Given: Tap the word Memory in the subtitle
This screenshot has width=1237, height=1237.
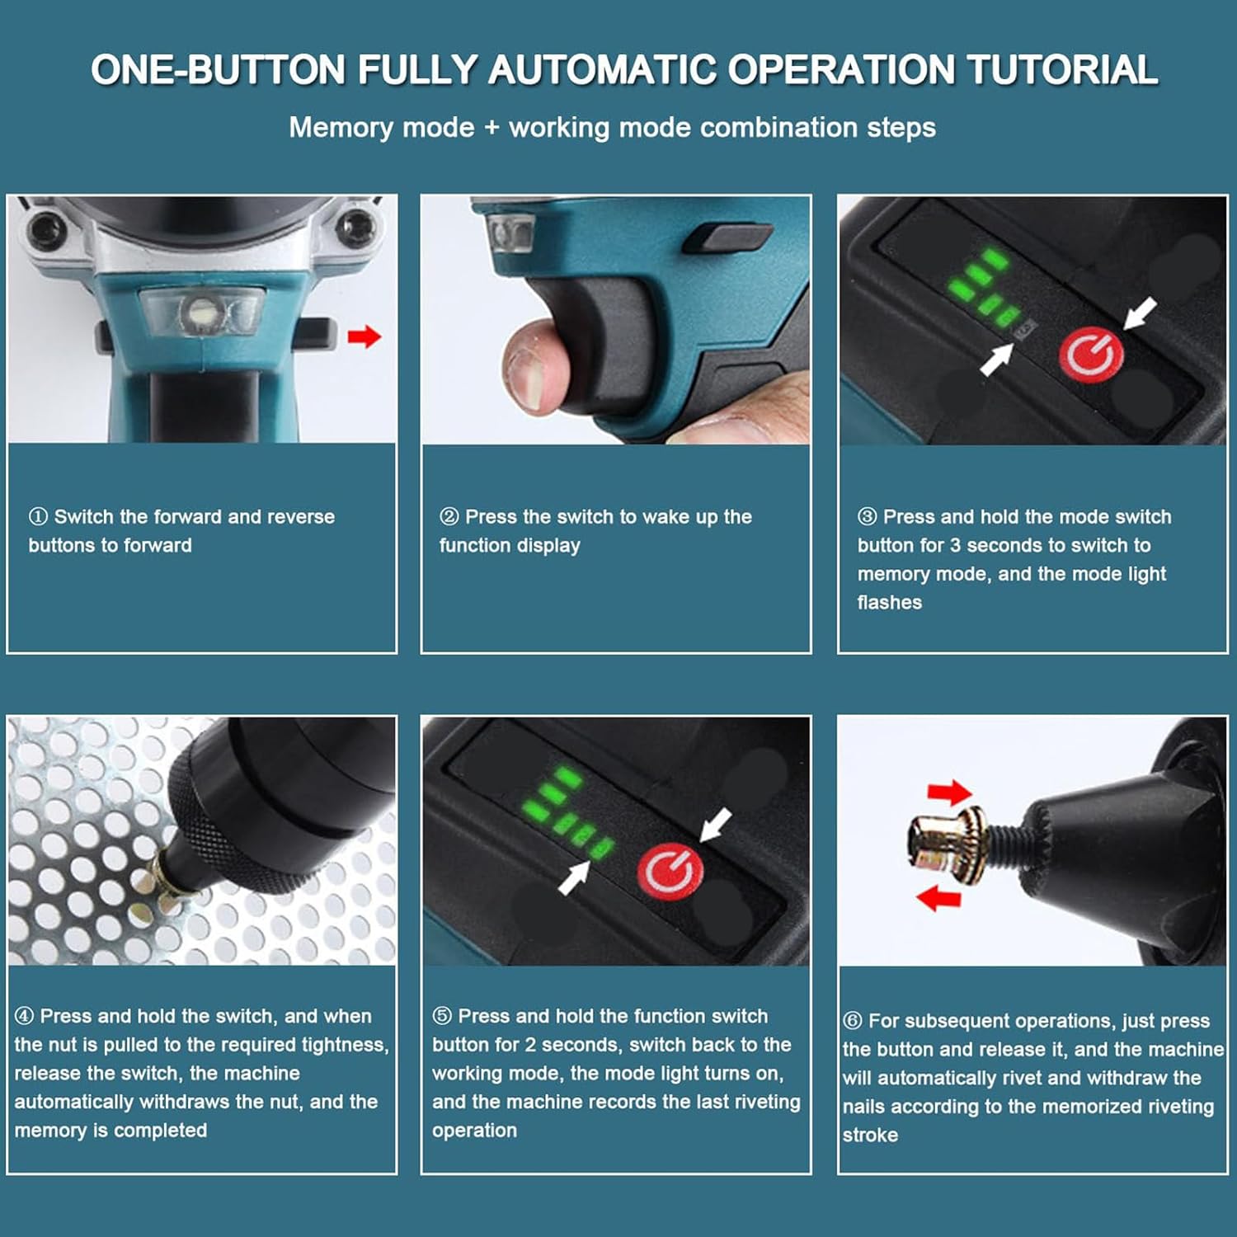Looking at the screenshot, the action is click(x=341, y=128).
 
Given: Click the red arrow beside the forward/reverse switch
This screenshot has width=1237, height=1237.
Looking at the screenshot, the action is click(x=364, y=336).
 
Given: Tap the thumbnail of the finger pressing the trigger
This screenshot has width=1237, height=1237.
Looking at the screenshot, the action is click(x=616, y=320).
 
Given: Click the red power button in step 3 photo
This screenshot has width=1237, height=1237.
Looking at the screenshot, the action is click(x=1091, y=355).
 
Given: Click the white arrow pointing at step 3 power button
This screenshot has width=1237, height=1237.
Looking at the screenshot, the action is click(x=1141, y=313).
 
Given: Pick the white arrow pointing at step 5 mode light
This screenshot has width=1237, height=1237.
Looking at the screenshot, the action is click(x=574, y=876).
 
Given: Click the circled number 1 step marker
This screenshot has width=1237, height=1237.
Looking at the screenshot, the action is click(x=38, y=517).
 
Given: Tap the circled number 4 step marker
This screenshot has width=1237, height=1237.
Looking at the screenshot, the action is click(x=24, y=1016).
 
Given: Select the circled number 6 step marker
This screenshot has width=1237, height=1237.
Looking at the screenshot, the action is click(x=853, y=1021).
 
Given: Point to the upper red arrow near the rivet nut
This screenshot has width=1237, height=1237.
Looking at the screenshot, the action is click(x=950, y=793).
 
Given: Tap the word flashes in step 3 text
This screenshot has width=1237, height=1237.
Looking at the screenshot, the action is click(x=890, y=603).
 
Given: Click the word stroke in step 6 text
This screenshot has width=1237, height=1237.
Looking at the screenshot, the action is click(x=870, y=1136).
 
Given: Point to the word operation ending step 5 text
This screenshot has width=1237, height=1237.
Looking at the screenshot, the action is click(x=475, y=1131).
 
